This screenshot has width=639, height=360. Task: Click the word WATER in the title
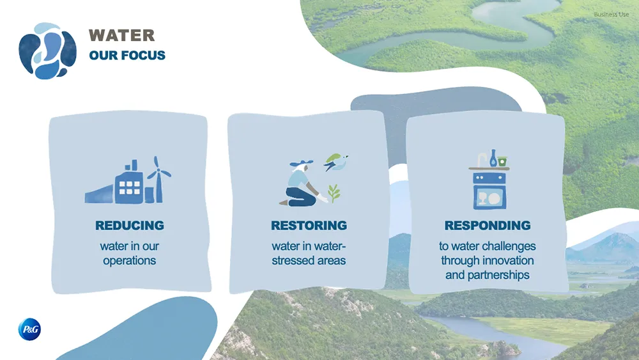click(x=121, y=35)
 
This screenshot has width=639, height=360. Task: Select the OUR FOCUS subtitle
click(x=127, y=56)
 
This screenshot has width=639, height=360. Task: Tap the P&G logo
click(x=29, y=330)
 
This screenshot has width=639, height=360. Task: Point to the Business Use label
click(x=611, y=14)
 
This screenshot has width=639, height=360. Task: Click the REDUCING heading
click(x=130, y=226)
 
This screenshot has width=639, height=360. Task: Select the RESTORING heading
click(x=309, y=226)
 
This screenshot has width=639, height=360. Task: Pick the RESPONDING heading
click(x=488, y=226)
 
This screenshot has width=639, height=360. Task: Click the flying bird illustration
click(x=335, y=162)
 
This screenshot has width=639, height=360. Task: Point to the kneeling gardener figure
click(x=298, y=185)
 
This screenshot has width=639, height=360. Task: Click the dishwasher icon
click(x=489, y=191)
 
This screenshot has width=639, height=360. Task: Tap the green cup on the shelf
click(x=502, y=160)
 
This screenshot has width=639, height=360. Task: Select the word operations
click(x=130, y=261)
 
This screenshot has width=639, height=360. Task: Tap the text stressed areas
click(x=309, y=261)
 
